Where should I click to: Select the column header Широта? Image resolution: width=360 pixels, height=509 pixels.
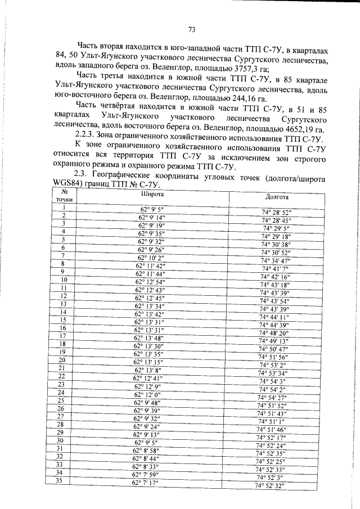152,194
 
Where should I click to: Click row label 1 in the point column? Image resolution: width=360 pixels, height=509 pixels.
65,209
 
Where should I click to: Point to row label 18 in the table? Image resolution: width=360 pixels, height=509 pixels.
62,344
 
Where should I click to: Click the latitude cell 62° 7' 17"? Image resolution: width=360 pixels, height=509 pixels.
145,483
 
